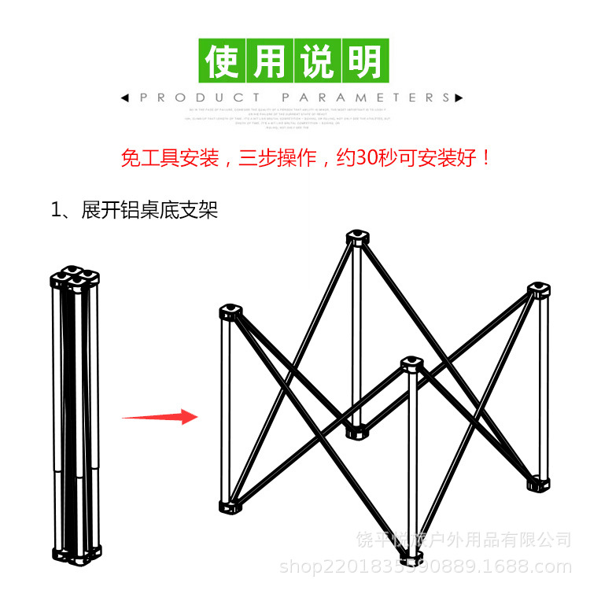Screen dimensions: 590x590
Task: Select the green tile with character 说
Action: click(x=318, y=61)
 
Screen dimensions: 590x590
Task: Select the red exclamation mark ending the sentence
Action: click(x=485, y=157)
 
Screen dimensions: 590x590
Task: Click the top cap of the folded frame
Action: click(x=76, y=278)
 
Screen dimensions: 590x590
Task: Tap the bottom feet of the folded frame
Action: click(x=76, y=555)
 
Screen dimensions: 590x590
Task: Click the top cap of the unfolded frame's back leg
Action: click(x=358, y=238)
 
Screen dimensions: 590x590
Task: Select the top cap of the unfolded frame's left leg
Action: click(x=231, y=313)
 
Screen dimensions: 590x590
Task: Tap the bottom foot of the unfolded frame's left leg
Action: click(x=232, y=504)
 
